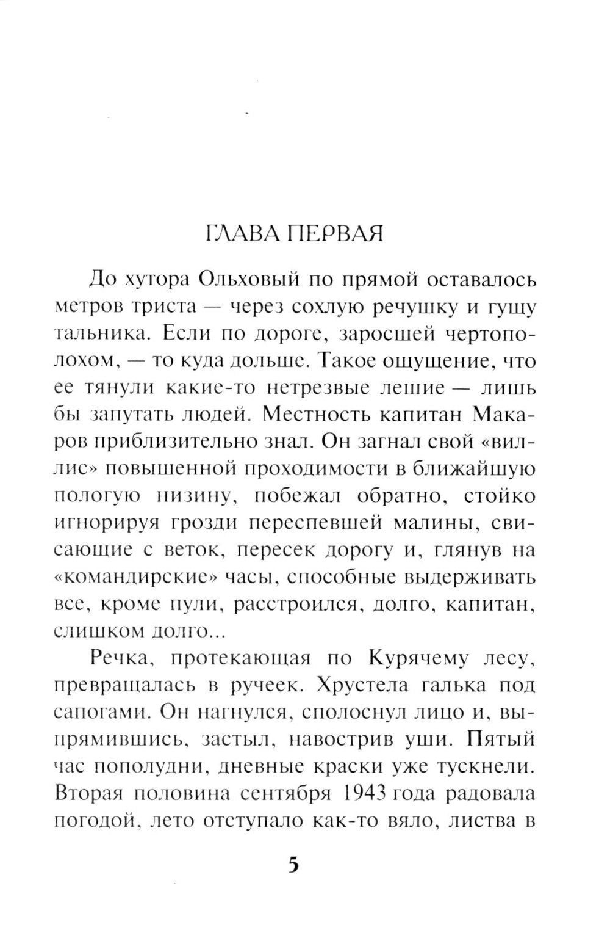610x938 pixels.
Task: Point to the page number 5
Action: pos(294,865)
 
